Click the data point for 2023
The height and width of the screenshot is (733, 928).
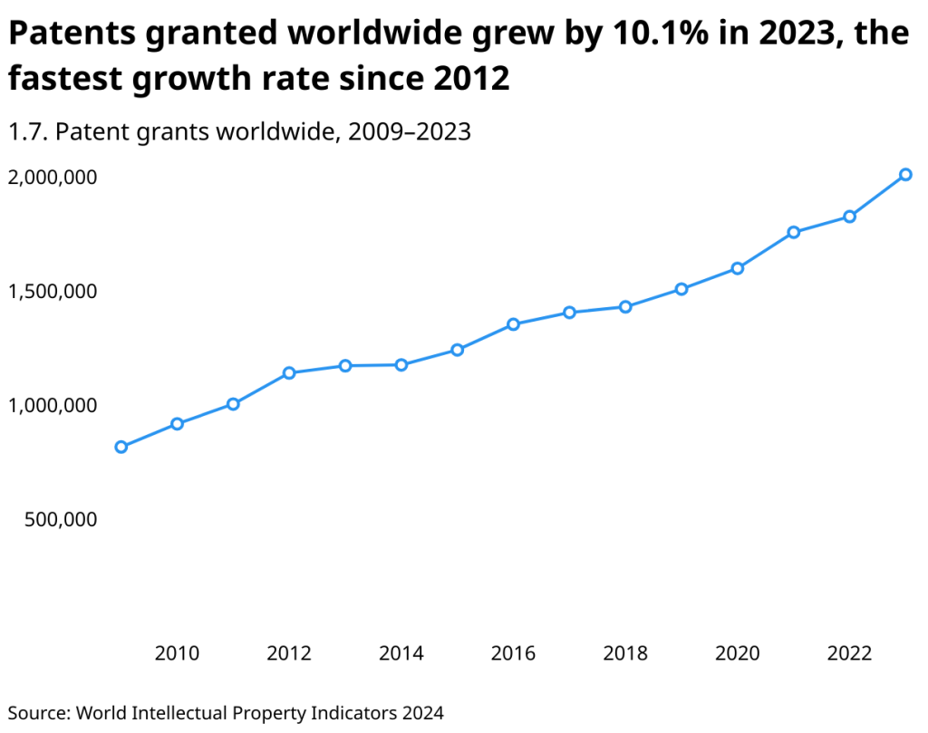pos(905,175)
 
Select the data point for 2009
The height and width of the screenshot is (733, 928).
pos(121,447)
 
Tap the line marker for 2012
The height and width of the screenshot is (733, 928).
pos(289,373)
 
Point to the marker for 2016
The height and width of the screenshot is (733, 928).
pos(513,324)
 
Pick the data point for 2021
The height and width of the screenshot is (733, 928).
pos(794,232)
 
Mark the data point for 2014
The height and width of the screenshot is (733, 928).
pos(401,365)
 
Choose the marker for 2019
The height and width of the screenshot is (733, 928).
pos(681,289)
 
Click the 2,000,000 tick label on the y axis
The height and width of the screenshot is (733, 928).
pos(53,178)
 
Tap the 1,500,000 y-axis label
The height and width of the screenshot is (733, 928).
pos(53,292)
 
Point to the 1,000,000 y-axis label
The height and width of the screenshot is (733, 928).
pos(53,406)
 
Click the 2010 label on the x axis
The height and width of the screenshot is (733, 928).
pos(177,653)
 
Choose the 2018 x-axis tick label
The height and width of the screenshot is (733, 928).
pos(625,653)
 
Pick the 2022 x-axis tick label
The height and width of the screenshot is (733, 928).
pos(850,653)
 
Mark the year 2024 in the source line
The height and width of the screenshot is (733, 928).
pos(423,712)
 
